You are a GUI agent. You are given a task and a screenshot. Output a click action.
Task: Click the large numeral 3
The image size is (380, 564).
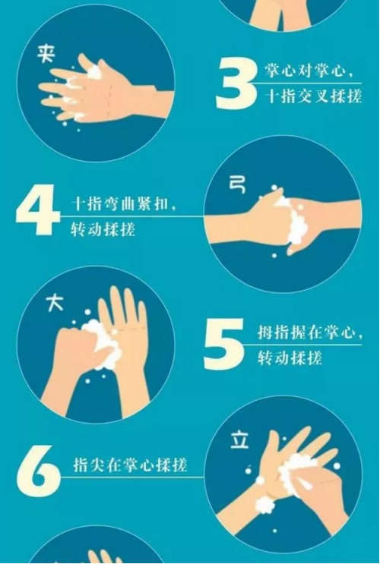[x=236, y=84]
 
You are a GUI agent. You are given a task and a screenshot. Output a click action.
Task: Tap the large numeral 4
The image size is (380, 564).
[x=38, y=210]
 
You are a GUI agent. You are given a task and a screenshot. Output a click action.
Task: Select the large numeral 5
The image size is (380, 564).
[x=223, y=345]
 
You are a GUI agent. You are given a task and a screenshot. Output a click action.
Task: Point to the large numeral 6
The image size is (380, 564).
[x=39, y=471]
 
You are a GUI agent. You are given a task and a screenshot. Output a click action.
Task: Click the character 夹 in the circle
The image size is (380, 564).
[x=46, y=55]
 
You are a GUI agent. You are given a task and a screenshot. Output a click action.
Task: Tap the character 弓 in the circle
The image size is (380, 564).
[x=237, y=184]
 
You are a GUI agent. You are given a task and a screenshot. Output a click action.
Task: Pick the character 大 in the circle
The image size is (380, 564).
[x=55, y=303]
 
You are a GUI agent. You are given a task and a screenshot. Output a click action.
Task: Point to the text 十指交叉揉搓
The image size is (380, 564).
[x=313, y=96]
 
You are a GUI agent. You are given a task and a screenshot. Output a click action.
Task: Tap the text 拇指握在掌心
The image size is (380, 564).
[x=310, y=332]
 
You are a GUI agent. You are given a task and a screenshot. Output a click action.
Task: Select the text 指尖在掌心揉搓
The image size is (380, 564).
[x=130, y=465]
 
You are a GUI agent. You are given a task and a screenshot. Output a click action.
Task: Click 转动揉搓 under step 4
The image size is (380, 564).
[x=103, y=228]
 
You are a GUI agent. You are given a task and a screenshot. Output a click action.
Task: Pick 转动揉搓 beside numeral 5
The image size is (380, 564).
[x=290, y=358]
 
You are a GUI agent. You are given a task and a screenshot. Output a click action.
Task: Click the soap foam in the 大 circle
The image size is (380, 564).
[x=103, y=345]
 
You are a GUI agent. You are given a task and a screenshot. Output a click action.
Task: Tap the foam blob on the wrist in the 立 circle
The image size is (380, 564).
[x=264, y=505]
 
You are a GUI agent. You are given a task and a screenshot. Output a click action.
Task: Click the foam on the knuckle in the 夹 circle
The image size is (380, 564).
[x=93, y=71]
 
